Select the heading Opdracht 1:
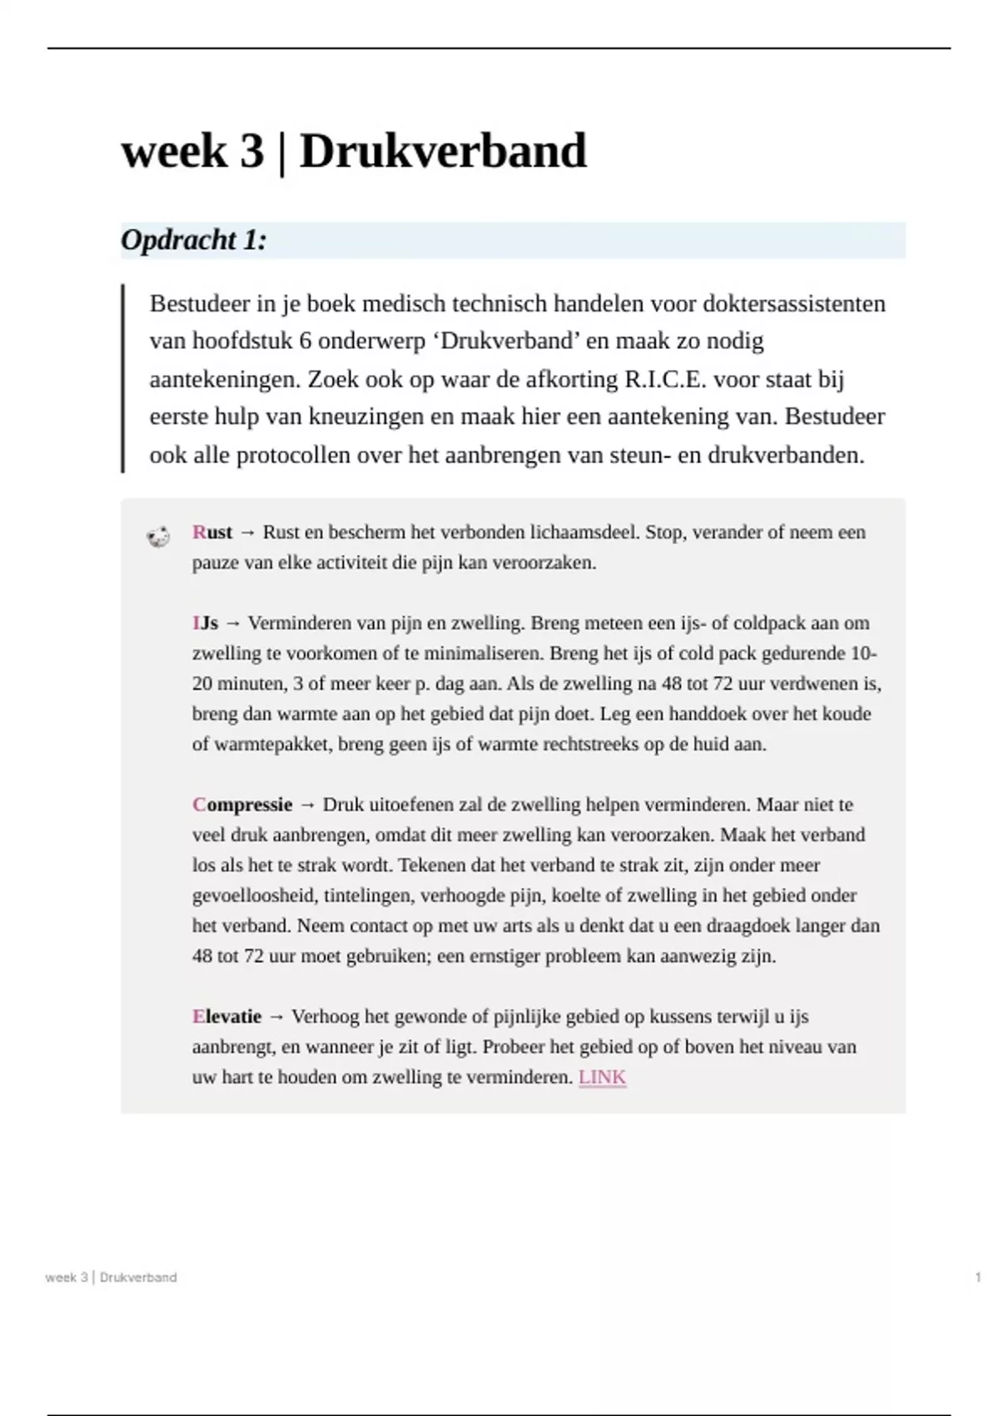(194, 241)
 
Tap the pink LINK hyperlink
(602, 1077)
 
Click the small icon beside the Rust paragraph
(158, 537)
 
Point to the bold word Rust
(212, 532)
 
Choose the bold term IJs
(205, 623)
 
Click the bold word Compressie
(242, 805)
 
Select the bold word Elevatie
(226, 1016)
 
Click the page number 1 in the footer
(978, 1277)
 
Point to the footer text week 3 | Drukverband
(111, 1277)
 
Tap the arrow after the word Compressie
(307, 805)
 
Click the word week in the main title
(174, 152)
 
